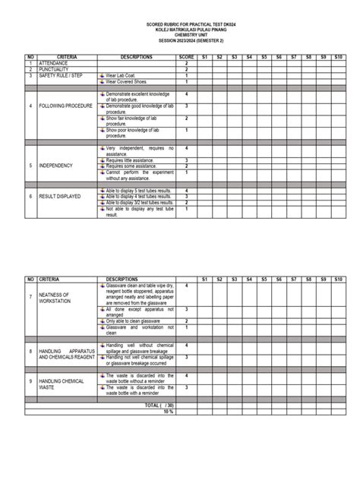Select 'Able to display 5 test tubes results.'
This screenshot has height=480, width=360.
[x=140, y=190]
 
